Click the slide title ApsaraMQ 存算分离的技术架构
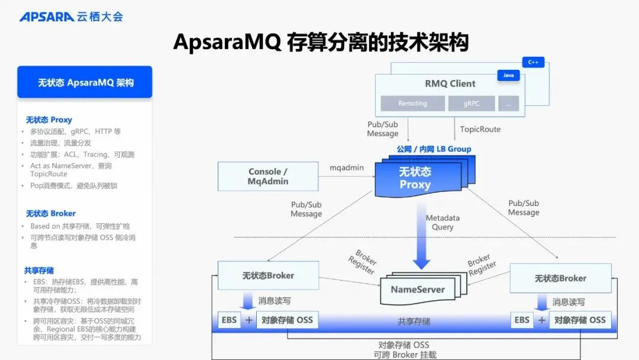click(x=321, y=43)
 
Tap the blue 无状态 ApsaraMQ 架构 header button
click(x=85, y=82)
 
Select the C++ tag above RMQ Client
click(x=532, y=62)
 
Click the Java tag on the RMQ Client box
click(x=508, y=76)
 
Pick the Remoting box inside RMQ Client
click(x=412, y=103)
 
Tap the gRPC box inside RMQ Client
click(x=472, y=103)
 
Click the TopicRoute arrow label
click(x=480, y=129)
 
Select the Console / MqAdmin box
click(x=267, y=176)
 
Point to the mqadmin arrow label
click(x=347, y=168)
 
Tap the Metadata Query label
click(x=443, y=223)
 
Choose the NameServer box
click(x=418, y=290)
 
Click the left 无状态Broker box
click(x=267, y=275)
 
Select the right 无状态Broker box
click(x=560, y=278)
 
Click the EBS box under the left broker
click(x=229, y=320)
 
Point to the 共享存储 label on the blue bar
click(x=414, y=322)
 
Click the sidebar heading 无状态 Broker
click(x=51, y=213)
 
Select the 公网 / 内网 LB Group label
click(x=434, y=149)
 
